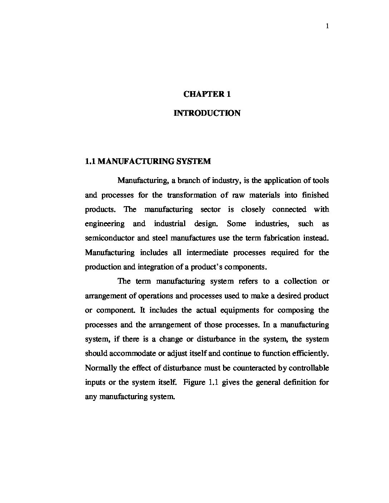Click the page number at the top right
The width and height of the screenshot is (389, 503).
point(327,26)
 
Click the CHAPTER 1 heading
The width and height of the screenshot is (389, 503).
point(207,94)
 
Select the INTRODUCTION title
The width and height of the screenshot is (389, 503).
point(207,113)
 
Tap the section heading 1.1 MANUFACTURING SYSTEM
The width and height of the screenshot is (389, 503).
point(148,161)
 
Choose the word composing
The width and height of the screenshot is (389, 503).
point(295,310)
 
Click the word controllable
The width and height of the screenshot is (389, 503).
point(309,368)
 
